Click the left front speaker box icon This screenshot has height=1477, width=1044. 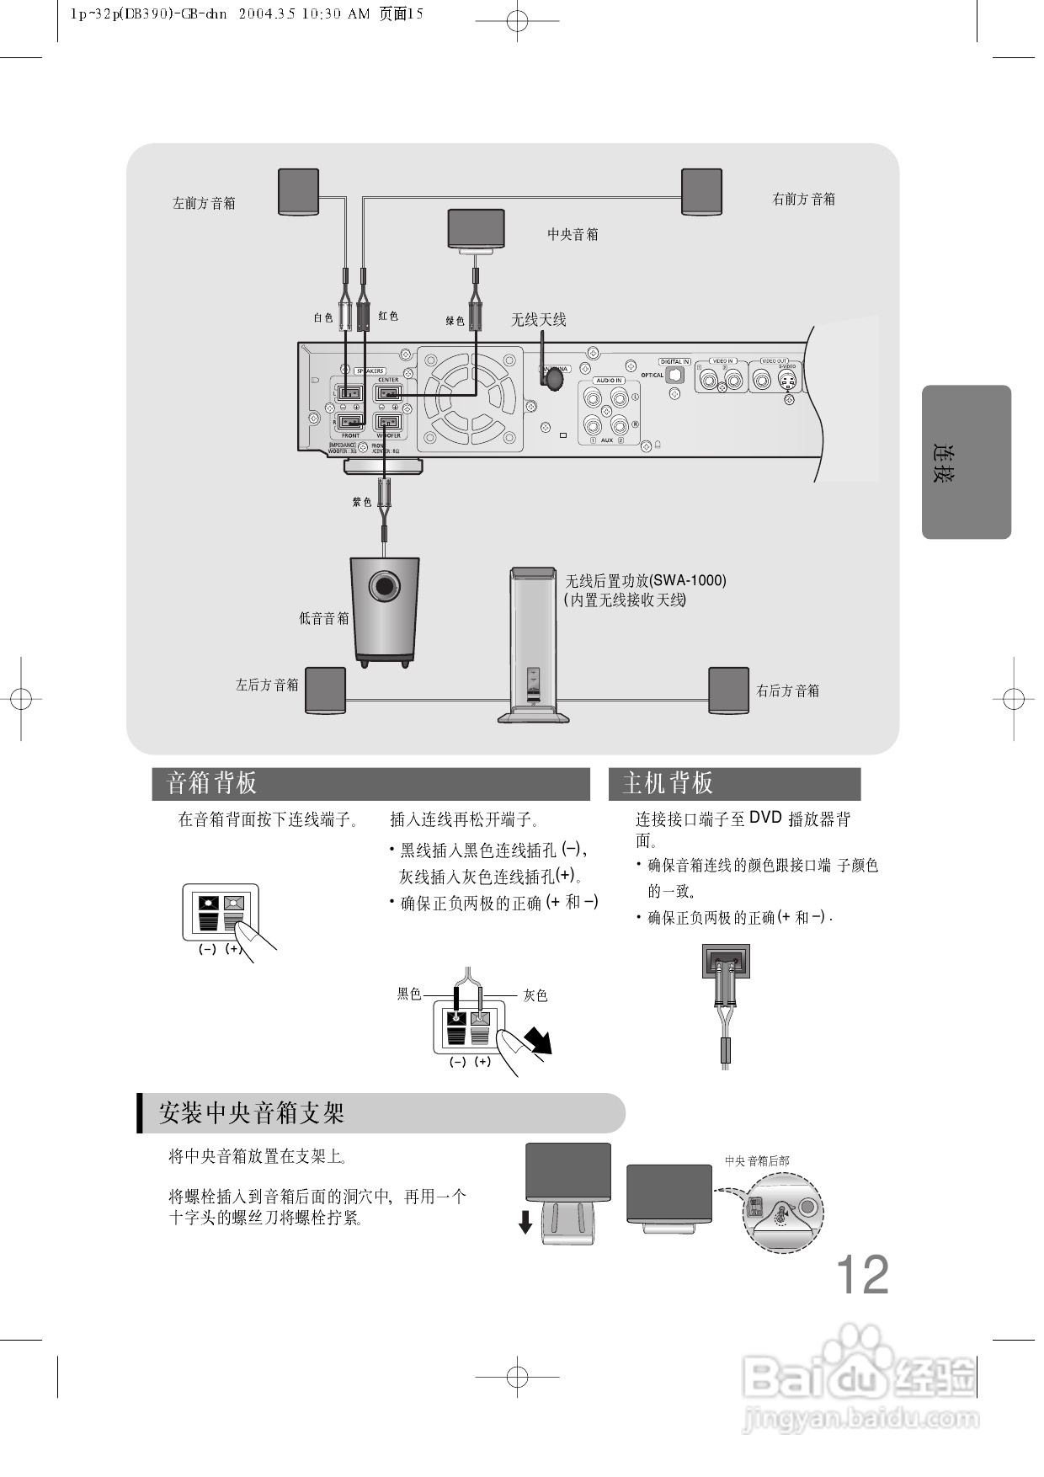tap(299, 192)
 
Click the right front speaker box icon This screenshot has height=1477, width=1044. tap(701, 192)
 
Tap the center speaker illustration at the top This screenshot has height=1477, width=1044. tap(476, 227)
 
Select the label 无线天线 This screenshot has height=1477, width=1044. tap(539, 320)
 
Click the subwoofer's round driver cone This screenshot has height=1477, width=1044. tap(385, 585)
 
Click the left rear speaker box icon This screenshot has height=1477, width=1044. tap(325, 691)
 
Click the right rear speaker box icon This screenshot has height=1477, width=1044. tap(728, 691)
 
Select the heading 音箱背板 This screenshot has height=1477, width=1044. tap(212, 783)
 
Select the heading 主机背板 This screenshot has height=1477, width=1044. tap(668, 783)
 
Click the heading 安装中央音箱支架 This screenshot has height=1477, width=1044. tap(252, 1113)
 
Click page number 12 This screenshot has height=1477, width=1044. tap(862, 1275)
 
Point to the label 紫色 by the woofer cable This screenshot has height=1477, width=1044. tap(362, 502)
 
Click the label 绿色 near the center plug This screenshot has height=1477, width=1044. tap(455, 321)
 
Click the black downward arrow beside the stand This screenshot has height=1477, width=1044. tap(525, 1221)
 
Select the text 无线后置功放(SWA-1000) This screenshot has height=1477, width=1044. tap(645, 581)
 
